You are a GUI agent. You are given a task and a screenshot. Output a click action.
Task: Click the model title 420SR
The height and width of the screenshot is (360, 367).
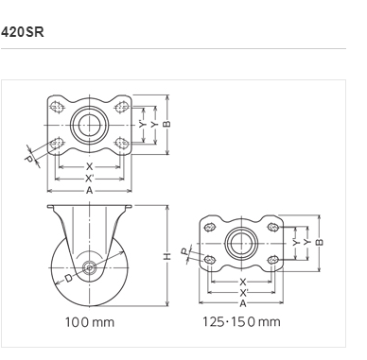pyautogui.click(x=23, y=32)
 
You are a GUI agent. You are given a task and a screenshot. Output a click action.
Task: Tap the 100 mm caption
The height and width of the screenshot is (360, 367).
pyautogui.click(x=90, y=322)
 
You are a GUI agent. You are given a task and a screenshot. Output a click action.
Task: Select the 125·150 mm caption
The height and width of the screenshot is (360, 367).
pyautogui.click(x=241, y=322)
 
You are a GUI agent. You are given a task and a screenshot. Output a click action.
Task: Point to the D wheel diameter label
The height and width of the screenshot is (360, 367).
pyautogui.click(x=69, y=278)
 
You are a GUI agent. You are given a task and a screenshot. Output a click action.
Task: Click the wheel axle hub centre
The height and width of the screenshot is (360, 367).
pyautogui.click(x=90, y=268)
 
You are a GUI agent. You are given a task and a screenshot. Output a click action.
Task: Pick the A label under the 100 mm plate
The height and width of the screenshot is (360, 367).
pyautogui.click(x=90, y=190)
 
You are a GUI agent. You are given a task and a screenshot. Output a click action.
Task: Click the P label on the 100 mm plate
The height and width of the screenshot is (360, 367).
pyautogui.click(x=28, y=159)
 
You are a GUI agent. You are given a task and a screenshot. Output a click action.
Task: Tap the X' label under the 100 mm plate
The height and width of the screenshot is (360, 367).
pyautogui.click(x=90, y=179)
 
